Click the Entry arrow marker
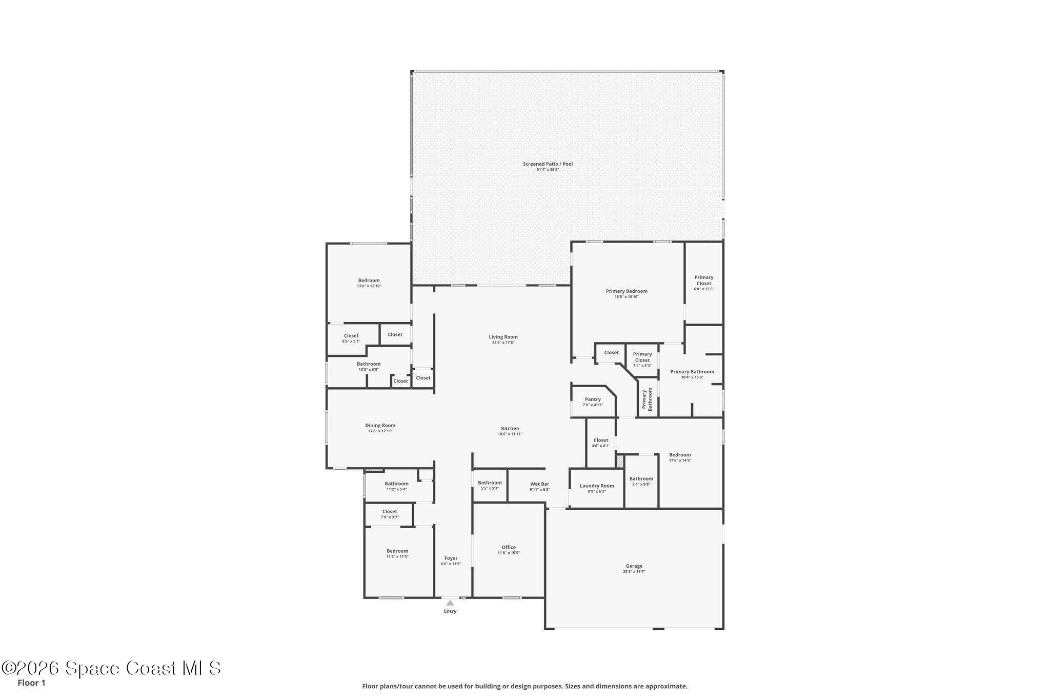click(450, 603)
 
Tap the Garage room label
click(634, 566)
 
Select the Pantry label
click(593, 399)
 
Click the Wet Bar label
click(539, 484)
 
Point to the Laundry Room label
click(597, 486)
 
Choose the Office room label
click(509, 547)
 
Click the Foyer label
click(451, 558)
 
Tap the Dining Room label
click(380, 426)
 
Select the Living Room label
click(503, 337)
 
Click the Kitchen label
click(510, 429)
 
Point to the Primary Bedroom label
click(627, 291)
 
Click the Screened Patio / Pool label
click(548, 164)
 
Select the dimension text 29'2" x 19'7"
click(634, 571)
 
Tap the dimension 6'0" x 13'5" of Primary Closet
click(703, 289)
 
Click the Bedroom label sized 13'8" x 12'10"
click(369, 281)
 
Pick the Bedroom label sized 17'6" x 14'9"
click(680, 455)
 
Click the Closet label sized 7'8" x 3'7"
click(390, 512)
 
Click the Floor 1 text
click(31, 683)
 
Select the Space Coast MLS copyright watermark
click(111, 668)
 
